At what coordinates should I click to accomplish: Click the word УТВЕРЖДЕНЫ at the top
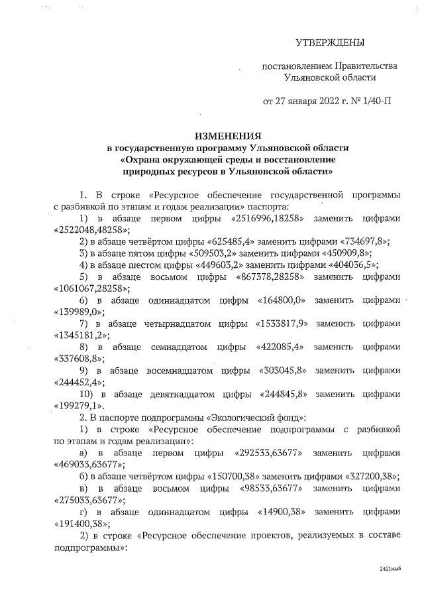point(330,44)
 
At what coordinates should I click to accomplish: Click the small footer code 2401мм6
point(391,569)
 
